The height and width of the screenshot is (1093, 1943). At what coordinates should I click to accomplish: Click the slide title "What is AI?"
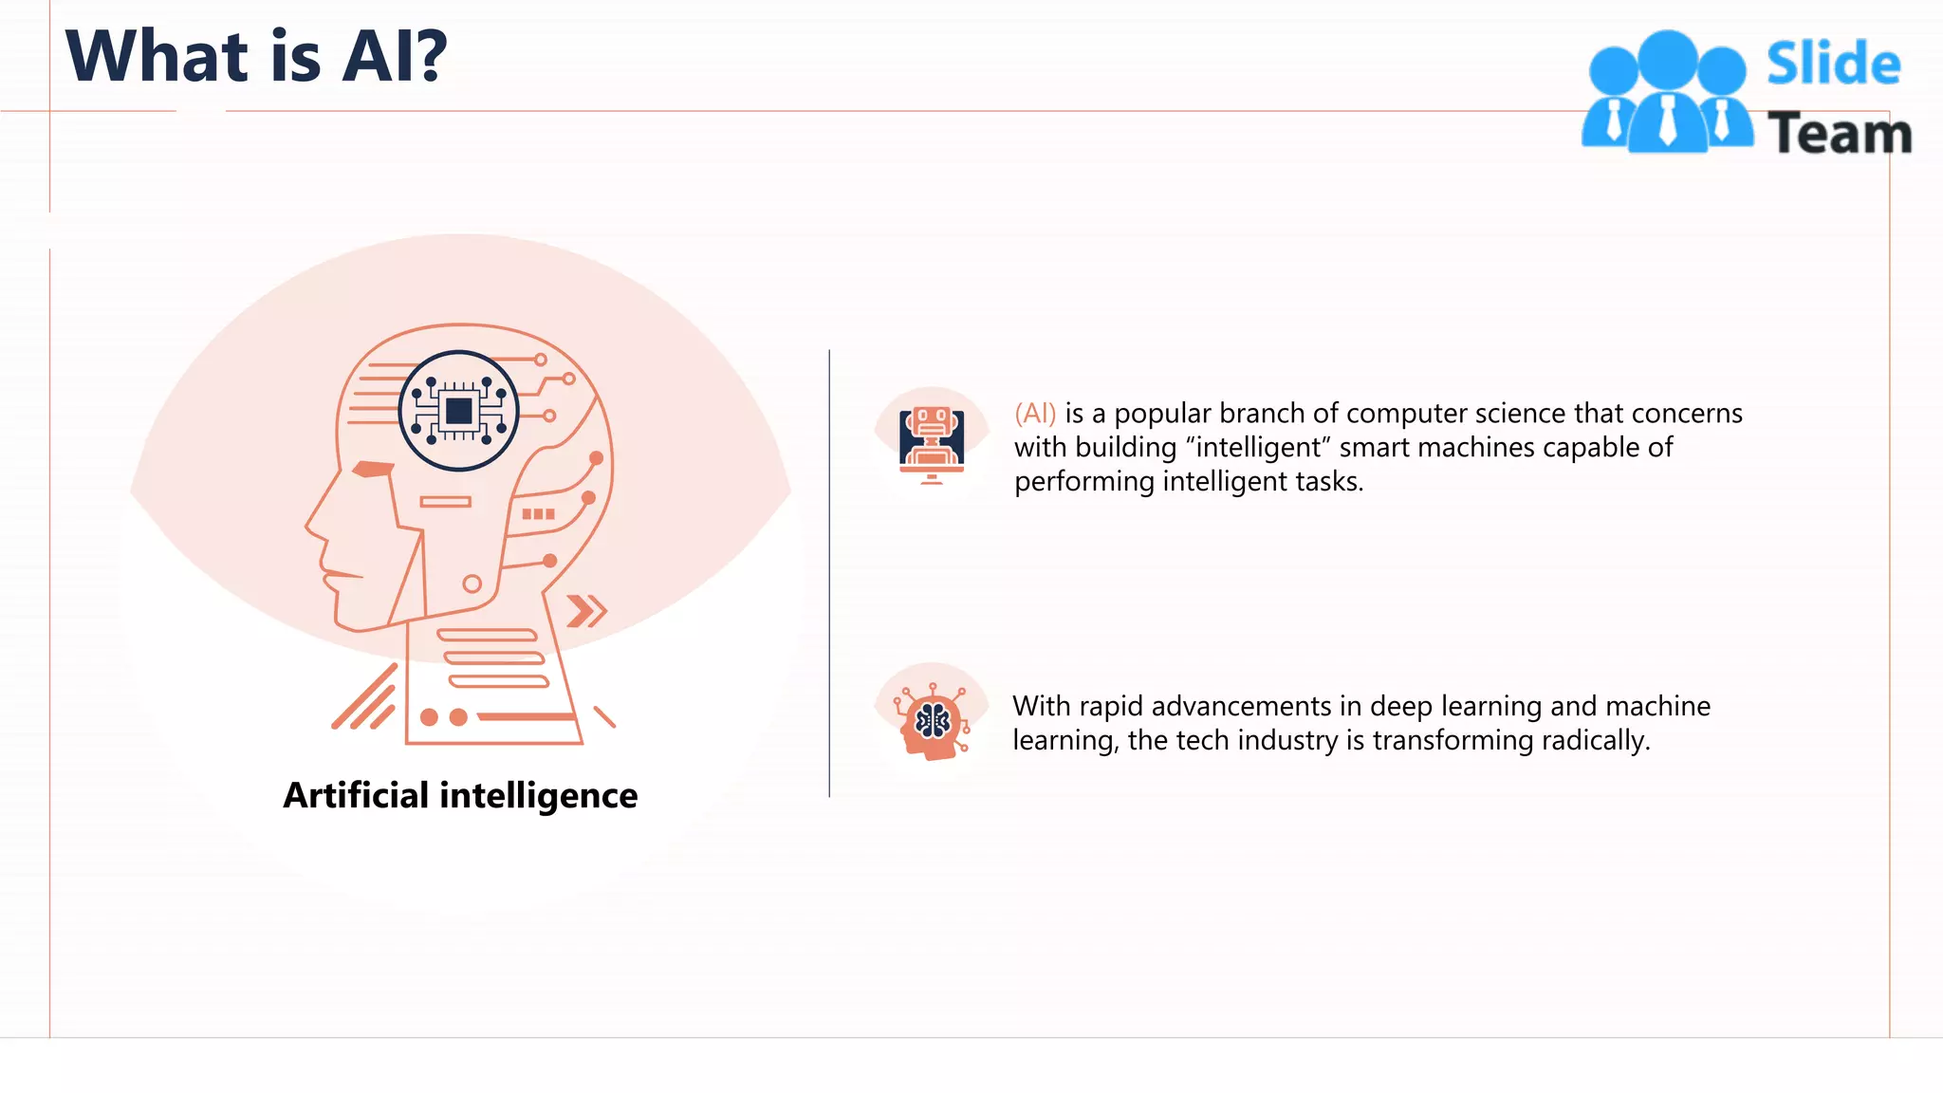[256, 56]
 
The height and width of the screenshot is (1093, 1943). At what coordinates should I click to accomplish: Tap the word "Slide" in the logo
[1833, 64]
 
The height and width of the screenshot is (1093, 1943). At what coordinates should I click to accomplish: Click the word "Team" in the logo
[1839, 133]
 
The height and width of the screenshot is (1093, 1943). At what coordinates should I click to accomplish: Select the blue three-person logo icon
[1667, 93]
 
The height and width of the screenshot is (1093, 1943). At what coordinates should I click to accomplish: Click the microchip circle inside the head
[459, 411]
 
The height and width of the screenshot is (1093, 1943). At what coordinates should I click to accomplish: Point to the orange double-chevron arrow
[586, 611]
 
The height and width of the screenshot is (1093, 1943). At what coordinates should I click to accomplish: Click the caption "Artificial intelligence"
[460, 795]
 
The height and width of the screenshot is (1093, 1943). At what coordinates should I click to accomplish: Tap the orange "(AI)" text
[1035, 414]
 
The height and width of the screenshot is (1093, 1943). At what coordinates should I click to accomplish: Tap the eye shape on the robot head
[373, 469]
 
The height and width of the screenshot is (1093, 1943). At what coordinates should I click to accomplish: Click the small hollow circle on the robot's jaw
[472, 584]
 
